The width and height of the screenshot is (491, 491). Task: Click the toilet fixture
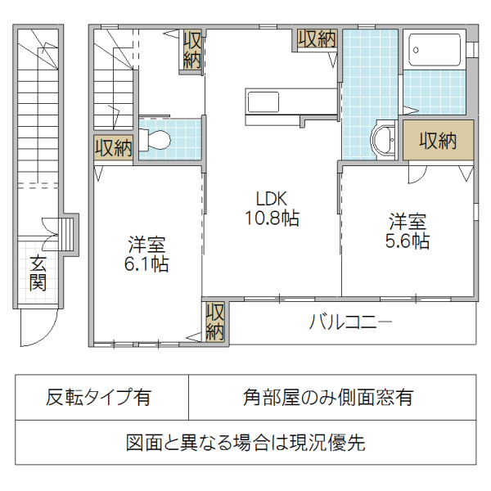[155, 139]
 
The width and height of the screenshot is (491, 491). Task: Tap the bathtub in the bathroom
[435, 49]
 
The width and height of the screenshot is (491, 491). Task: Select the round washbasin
[383, 139]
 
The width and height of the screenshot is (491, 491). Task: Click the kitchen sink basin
[263, 101]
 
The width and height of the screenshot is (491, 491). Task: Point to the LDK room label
[271, 198]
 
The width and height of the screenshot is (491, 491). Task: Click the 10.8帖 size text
[272, 218]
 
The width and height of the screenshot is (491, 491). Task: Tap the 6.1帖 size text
[146, 264]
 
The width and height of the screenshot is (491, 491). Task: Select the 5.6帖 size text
[407, 241]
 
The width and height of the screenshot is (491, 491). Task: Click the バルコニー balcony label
[350, 322]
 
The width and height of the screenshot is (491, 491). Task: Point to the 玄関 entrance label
[38, 273]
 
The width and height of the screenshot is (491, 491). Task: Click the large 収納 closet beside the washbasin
[438, 140]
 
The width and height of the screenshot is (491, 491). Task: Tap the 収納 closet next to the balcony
[214, 321]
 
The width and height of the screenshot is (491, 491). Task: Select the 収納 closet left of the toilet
[114, 148]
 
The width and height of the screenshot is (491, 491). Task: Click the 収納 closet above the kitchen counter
[318, 38]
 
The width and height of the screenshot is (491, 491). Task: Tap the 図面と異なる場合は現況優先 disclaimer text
[245, 442]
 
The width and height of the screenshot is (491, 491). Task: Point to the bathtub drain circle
[416, 50]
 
